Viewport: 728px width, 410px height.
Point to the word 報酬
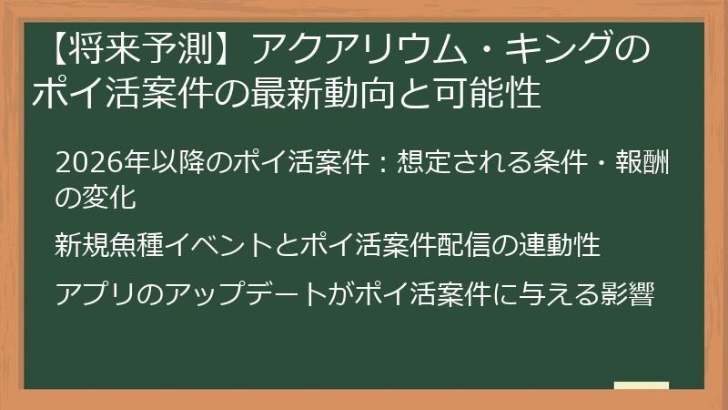(654, 164)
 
